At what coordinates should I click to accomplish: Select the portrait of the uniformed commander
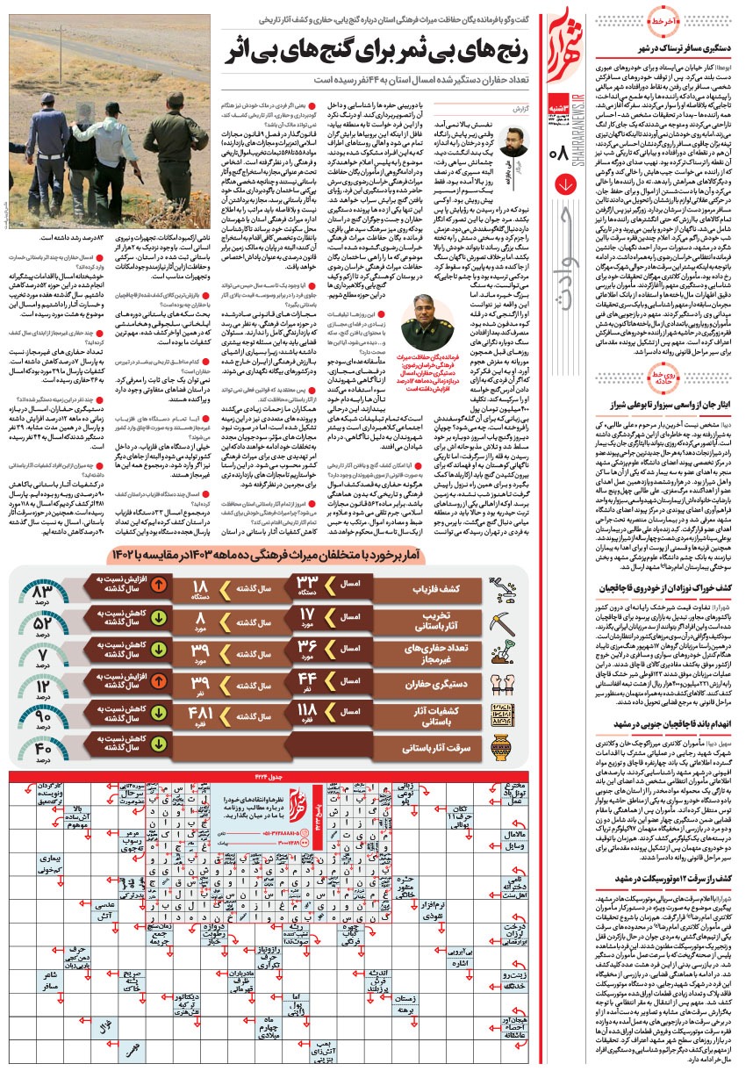[x=429, y=324]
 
